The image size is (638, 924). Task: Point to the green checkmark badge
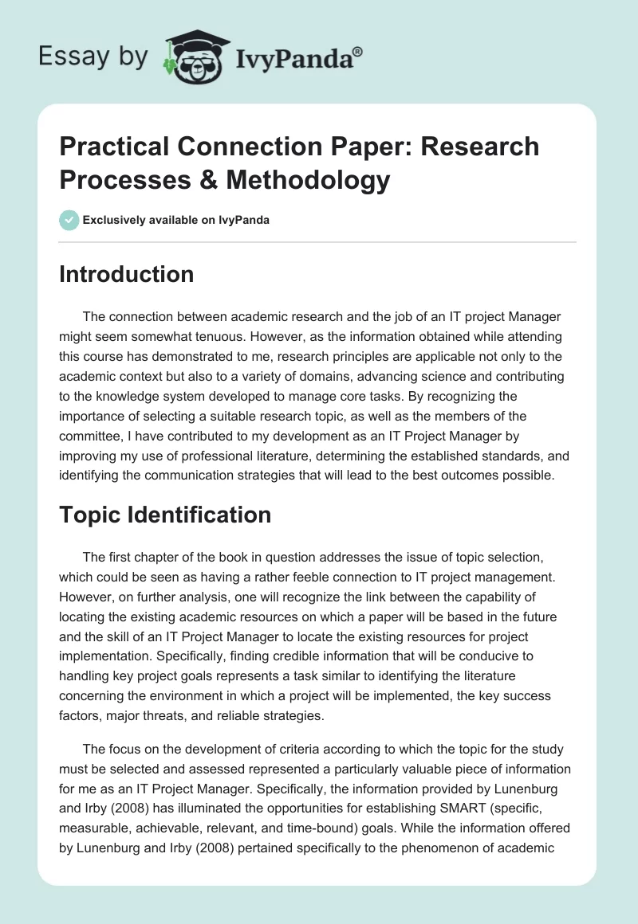(x=69, y=220)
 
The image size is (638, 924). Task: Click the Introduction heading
(x=127, y=274)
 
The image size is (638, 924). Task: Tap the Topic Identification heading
(x=165, y=515)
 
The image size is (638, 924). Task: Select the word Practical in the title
(x=109, y=147)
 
